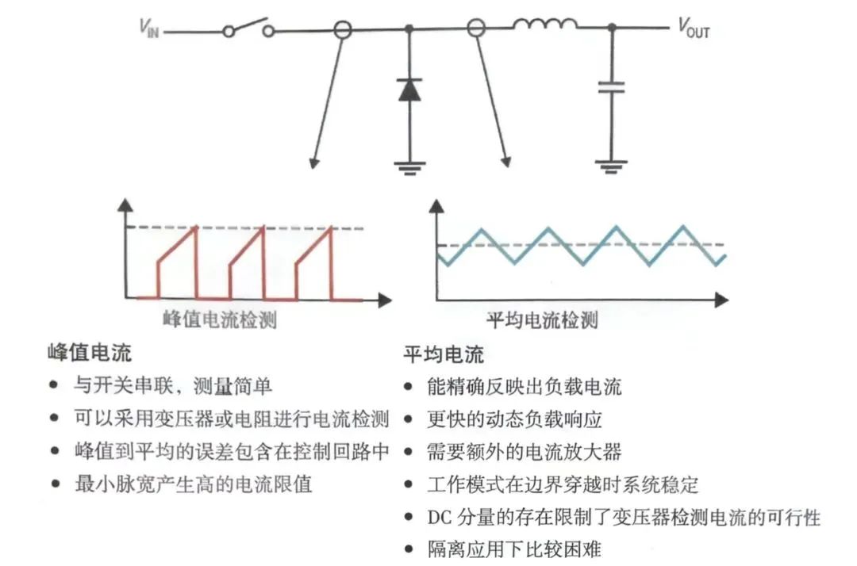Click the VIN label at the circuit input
149,29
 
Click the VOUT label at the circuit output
693,29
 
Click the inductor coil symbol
544,26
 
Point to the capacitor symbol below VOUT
612,86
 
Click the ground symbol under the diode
409,166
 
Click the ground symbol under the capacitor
612,166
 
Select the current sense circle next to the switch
342,30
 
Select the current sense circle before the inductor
475,29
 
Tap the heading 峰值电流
90,353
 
